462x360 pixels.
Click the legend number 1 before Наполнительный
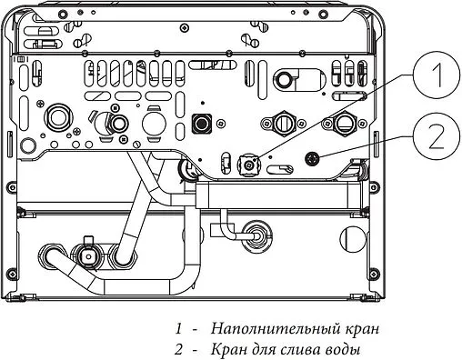point(180,327)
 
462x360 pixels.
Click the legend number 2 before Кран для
point(181,349)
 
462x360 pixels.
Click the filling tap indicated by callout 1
point(247,165)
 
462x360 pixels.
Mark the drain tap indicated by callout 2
point(314,156)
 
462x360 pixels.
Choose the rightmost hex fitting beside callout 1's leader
point(346,123)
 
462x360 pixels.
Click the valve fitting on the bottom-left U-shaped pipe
point(88,252)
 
